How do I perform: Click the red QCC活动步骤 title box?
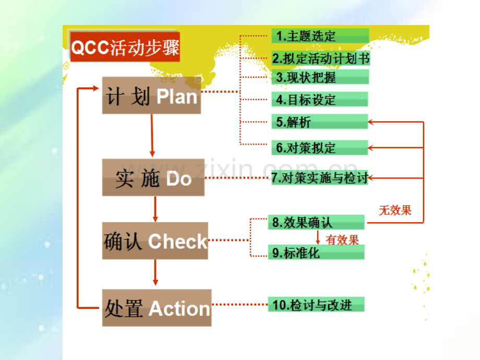tap(125, 47)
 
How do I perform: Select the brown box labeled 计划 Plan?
tap(151, 95)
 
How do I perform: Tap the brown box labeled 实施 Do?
tap(153, 177)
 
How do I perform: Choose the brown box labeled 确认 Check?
tap(155, 241)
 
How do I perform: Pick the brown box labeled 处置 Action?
tap(157, 308)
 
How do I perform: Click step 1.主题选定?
tap(320, 36)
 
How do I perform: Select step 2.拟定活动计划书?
tap(321, 58)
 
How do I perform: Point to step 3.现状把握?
tap(320, 77)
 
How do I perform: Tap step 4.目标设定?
tap(320, 100)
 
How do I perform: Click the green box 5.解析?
tap(320, 122)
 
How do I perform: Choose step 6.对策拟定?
tap(320, 148)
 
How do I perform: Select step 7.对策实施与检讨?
tap(320, 178)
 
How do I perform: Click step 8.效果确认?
tap(316, 222)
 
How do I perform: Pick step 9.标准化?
tap(316, 252)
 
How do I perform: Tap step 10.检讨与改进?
tap(316, 305)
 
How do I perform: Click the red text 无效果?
tap(395, 210)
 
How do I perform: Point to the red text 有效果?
tap(342, 239)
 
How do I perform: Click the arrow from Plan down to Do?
tap(152, 136)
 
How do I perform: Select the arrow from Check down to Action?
tap(155, 272)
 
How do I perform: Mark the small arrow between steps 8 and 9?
tap(318, 237)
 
